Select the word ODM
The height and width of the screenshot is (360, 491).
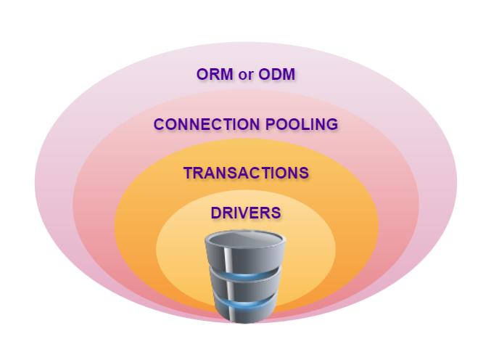(278, 74)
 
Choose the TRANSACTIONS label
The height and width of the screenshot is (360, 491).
(246, 173)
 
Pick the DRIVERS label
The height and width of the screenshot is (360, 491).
(245, 213)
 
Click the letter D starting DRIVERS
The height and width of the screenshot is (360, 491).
(216, 213)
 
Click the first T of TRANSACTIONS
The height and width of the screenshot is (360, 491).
(189, 173)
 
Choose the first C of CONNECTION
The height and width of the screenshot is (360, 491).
(160, 124)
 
